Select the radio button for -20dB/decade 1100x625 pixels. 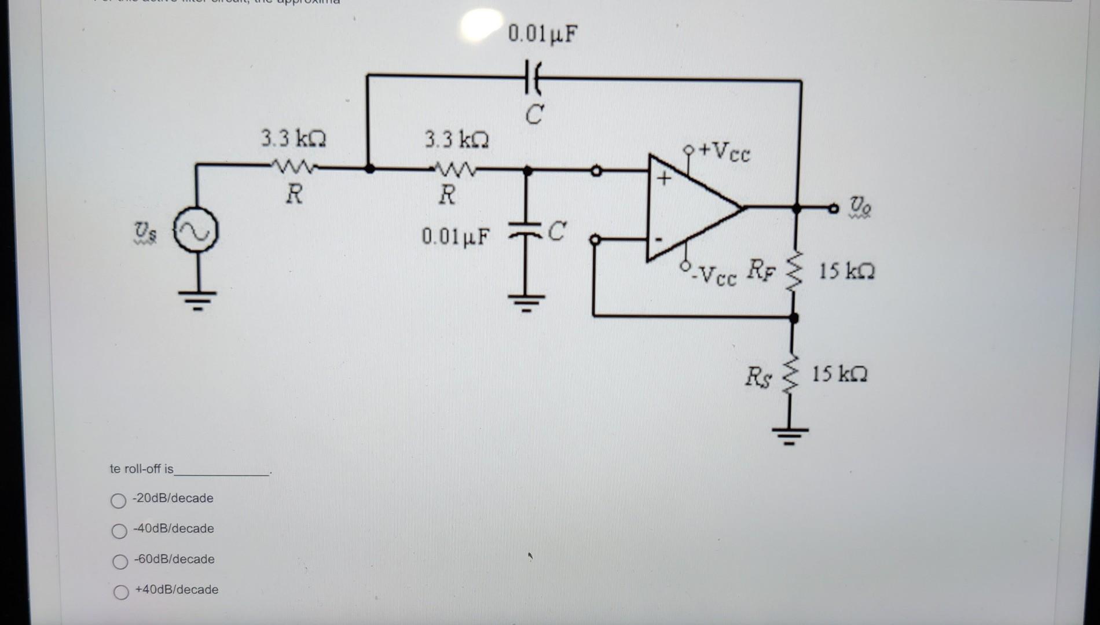pyautogui.click(x=118, y=501)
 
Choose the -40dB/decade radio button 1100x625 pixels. pyautogui.click(x=119, y=531)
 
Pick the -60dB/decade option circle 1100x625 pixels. pyautogui.click(x=120, y=561)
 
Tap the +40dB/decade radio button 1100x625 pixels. pyautogui.click(x=121, y=592)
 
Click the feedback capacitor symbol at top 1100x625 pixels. pyautogui.click(x=533, y=78)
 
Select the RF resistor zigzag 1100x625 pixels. pyautogui.click(x=794, y=272)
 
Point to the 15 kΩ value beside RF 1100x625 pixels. pyautogui.click(x=846, y=271)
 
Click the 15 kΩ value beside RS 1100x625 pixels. pyautogui.click(x=839, y=374)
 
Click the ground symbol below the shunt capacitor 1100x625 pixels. pyautogui.click(x=526, y=302)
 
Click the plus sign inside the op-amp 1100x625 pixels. pyautogui.click(x=663, y=178)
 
